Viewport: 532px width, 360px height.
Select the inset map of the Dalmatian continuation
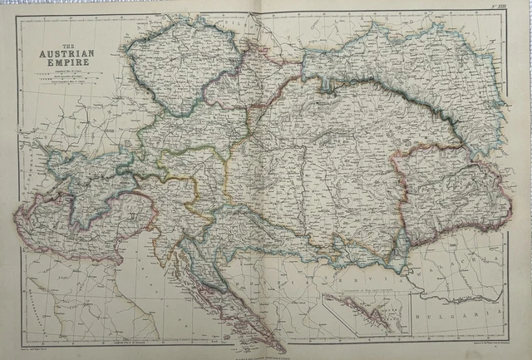pos(366,313)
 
